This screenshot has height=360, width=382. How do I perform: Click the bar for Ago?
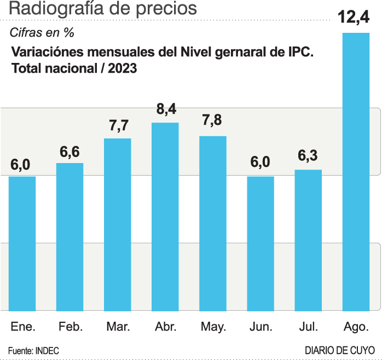(x=356, y=175)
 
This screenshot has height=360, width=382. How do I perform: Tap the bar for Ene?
(x=22, y=246)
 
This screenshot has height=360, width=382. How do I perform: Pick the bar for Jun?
(x=261, y=246)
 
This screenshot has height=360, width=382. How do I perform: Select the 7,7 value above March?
(x=118, y=125)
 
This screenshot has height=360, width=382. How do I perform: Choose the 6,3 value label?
(x=308, y=157)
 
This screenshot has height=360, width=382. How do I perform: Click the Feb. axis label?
(x=70, y=327)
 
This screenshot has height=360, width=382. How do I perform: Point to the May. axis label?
(x=213, y=327)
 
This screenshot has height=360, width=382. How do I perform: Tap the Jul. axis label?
(x=308, y=327)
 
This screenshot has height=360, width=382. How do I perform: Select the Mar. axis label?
(x=118, y=327)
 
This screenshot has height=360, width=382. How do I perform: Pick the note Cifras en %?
(x=42, y=32)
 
